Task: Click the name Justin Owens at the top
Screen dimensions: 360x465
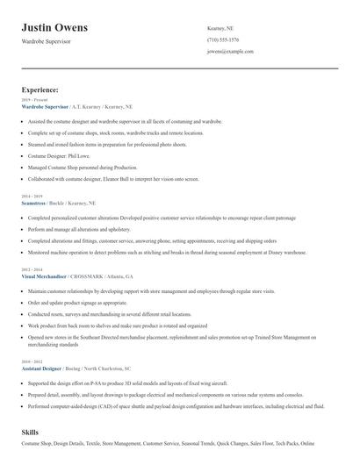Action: pos(61,27)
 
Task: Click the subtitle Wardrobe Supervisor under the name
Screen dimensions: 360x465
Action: pos(51,41)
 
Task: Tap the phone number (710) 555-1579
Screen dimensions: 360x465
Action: pos(223,40)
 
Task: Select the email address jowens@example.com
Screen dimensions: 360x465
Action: pos(230,52)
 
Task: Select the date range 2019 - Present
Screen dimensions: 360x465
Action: pos(32,100)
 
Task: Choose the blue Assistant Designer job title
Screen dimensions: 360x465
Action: pos(46,369)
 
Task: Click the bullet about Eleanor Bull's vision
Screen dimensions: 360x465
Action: pos(114,178)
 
